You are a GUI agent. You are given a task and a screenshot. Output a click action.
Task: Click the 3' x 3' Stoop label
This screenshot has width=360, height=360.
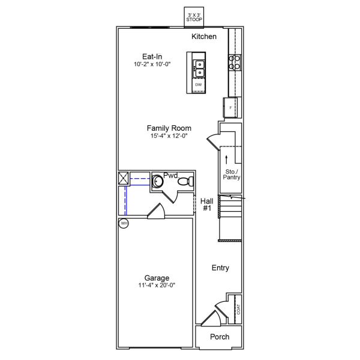click(194, 17)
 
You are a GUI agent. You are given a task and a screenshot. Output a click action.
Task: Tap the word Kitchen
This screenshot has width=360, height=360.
click(204, 37)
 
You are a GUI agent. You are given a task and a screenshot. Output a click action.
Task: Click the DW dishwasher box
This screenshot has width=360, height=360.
click(199, 85)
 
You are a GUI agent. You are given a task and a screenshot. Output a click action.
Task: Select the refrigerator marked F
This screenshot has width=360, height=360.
click(231, 107)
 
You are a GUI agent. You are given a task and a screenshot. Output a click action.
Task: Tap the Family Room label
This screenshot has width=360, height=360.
click(169, 128)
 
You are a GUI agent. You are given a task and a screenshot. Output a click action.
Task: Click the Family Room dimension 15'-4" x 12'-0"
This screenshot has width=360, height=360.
click(169, 136)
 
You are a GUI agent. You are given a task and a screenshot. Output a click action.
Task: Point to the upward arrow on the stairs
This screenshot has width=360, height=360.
click(226, 159)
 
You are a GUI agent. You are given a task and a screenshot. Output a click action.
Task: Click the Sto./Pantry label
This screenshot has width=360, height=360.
click(231, 175)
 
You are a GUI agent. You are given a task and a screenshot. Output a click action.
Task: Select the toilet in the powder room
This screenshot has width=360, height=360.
click(186, 181)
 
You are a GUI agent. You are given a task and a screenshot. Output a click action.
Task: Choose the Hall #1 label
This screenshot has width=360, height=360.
click(207, 205)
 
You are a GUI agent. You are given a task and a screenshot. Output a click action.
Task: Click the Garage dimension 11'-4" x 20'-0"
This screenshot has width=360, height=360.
click(156, 286)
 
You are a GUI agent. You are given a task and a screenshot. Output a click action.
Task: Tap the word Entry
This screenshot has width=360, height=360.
click(220, 268)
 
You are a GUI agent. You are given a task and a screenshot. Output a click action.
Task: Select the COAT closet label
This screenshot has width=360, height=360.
click(238, 309)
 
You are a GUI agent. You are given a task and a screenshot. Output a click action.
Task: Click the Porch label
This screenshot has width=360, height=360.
click(220, 337)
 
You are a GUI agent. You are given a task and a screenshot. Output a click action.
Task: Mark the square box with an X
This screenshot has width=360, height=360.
click(124, 178)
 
